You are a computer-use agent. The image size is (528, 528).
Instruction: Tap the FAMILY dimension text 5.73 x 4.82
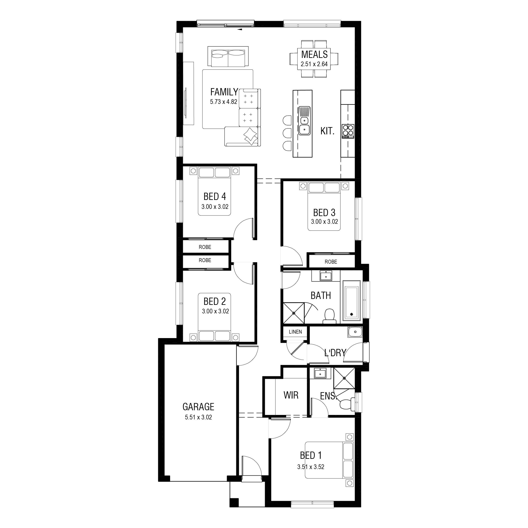pyautogui.click(x=224, y=102)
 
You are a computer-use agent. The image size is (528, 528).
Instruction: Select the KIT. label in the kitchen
pyautogui.click(x=327, y=131)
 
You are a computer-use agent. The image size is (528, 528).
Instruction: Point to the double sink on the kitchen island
pyautogui.click(x=304, y=121)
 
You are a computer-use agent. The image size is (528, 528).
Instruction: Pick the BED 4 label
pyautogui.click(x=215, y=197)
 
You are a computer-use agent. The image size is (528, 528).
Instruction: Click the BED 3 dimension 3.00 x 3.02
pyautogui.click(x=324, y=222)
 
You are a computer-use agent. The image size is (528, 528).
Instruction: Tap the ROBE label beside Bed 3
pyautogui.click(x=331, y=262)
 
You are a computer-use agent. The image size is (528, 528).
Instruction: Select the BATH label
pyautogui.click(x=321, y=296)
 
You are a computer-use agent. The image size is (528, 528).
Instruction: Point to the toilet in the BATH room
pyautogui.click(x=330, y=316)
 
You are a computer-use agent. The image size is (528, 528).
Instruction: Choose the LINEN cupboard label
pyautogui.click(x=296, y=332)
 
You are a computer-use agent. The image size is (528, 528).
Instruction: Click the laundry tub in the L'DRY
pyautogui.click(x=355, y=332)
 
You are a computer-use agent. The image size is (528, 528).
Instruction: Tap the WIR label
pyautogui.click(x=291, y=395)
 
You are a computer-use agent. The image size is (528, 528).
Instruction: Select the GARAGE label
pyautogui.click(x=198, y=407)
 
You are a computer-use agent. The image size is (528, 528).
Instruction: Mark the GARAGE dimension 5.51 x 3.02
pyautogui.click(x=198, y=417)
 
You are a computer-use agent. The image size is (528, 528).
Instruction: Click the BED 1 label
pyautogui.click(x=311, y=455)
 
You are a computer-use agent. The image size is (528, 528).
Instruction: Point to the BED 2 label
pyautogui.click(x=215, y=301)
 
